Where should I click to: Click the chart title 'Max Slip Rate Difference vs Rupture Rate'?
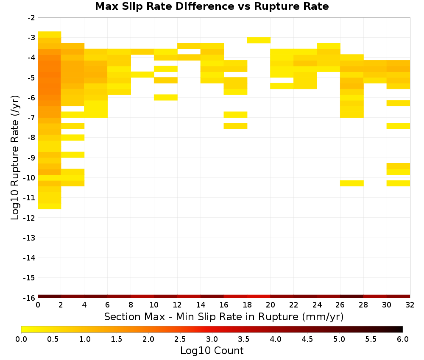[x=212, y=6]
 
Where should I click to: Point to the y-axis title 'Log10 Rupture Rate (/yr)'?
[x=15, y=158]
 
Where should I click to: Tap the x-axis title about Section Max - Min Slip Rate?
[x=224, y=316]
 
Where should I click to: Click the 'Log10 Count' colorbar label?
[x=212, y=351]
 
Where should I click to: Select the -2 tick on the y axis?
[x=31, y=18]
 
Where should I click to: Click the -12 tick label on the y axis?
[x=29, y=218]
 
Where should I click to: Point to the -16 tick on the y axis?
[x=29, y=298]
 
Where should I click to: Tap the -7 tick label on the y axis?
[x=31, y=118]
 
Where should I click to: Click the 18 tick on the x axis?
[x=247, y=305]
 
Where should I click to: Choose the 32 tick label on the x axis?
[x=410, y=305]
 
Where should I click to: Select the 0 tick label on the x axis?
[x=38, y=305]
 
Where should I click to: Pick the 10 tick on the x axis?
[x=154, y=305]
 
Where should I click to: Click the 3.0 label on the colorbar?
[x=212, y=339]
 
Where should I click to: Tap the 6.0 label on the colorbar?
[x=403, y=339]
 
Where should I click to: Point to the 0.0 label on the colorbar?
[x=21, y=339]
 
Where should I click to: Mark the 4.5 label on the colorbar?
[x=307, y=339]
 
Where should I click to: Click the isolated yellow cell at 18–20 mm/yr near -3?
[x=259, y=40]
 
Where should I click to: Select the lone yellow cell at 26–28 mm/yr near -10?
[x=352, y=183]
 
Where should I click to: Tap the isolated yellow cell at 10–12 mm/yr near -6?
[x=166, y=97]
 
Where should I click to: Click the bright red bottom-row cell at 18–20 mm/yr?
[x=259, y=296]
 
